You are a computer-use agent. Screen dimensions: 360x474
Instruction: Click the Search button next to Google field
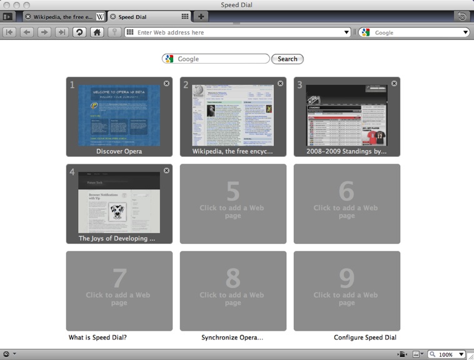point(287,59)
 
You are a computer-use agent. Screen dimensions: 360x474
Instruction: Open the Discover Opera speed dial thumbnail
point(119,116)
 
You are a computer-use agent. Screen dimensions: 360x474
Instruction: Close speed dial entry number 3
point(394,83)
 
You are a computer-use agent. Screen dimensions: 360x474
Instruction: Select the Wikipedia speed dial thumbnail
point(233,116)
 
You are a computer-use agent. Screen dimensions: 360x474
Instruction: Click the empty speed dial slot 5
point(233,203)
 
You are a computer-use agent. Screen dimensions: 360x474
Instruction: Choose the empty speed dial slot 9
point(346,291)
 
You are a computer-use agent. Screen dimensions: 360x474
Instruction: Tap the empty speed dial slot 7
point(119,291)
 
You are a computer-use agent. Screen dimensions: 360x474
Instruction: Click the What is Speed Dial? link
point(98,337)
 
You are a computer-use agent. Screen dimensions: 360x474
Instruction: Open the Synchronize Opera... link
point(232,337)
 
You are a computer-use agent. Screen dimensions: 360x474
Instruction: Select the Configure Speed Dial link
point(365,337)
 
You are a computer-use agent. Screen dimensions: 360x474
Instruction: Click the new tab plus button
point(200,16)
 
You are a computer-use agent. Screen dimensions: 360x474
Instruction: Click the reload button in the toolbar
point(79,32)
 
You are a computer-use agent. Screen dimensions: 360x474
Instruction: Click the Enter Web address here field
point(238,32)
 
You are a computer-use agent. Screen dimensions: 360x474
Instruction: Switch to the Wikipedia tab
point(63,16)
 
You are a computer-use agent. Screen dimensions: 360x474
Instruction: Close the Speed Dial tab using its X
point(113,16)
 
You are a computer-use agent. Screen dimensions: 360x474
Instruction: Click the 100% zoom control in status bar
point(445,354)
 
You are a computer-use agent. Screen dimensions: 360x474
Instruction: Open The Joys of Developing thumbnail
point(119,203)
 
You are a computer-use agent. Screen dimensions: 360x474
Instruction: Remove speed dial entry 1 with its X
point(166,83)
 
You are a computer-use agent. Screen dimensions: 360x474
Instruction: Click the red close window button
point(7,5)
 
